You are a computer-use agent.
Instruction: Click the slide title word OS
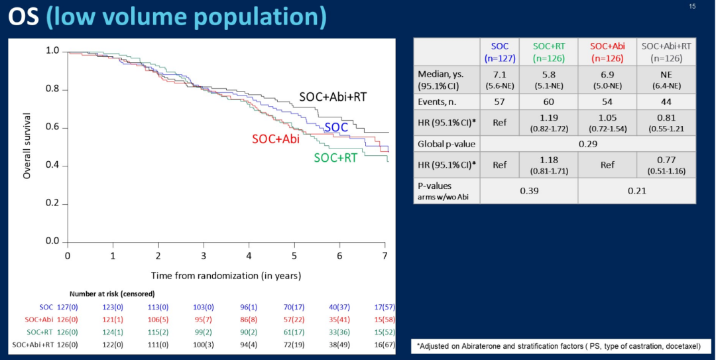coord(24,17)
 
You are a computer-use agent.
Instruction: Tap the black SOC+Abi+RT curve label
coord(333,97)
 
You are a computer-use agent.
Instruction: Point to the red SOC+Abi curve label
coord(275,139)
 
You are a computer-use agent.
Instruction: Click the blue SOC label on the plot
coord(337,126)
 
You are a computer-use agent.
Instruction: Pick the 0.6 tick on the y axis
coord(53,127)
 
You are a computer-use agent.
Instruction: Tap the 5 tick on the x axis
coord(294,255)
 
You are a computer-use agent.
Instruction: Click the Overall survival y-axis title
coord(27,147)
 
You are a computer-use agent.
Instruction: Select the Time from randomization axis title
coord(225,274)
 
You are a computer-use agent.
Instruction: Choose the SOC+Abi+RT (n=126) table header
coord(666,52)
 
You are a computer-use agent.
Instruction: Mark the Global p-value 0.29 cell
coord(587,144)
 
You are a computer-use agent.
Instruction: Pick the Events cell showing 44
coord(666,101)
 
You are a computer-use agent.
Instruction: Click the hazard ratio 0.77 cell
coord(666,165)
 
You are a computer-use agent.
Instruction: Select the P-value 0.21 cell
coord(636,190)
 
